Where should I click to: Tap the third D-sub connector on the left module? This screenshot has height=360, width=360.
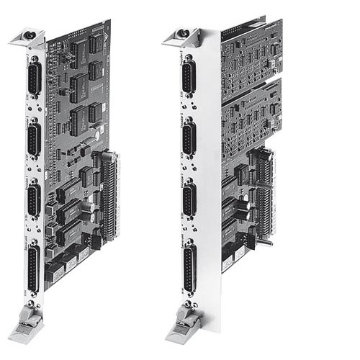click(x=33, y=199)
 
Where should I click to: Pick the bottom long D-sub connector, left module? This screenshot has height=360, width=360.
click(x=33, y=268)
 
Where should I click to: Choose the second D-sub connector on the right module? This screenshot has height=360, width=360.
click(x=187, y=138)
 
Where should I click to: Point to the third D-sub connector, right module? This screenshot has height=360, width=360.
click(x=188, y=199)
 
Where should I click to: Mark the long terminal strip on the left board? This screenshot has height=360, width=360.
click(x=110, y=194)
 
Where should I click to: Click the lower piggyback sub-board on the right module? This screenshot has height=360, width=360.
click(x=252, y=115)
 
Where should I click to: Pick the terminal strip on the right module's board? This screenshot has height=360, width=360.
click(x=265, y=191)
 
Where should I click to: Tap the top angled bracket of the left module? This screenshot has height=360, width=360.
click(x=29, y=37)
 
